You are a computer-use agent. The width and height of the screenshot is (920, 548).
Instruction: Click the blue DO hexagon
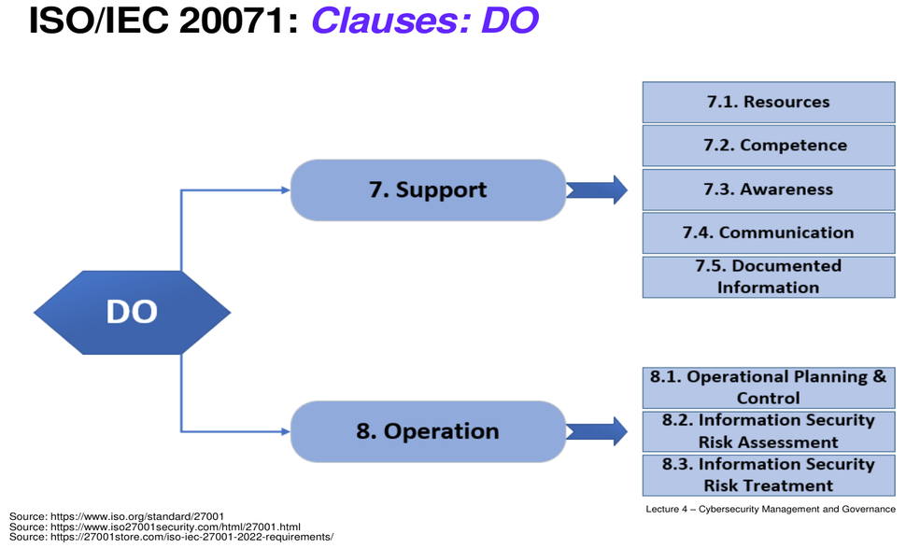(x=132, y=313)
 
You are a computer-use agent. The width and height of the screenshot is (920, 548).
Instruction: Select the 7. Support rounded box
(x=429, y=190)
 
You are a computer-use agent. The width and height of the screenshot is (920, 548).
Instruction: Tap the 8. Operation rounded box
(x=429, y=432)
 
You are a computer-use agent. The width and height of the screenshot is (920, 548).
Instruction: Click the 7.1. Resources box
(x=769, y=102)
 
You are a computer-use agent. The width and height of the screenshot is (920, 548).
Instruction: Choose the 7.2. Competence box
(x=769, y=146)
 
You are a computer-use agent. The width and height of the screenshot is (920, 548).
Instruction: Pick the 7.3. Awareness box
(x=769, y=190)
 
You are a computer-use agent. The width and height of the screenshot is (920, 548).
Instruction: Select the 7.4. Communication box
(x=769, y=233)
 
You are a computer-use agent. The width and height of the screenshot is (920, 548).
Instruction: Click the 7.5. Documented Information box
(x=769, y=277)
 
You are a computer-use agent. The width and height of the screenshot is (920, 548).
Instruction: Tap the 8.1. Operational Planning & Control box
(x=769, y=387)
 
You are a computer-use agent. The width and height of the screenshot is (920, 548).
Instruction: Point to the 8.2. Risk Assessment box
(x=769, y=431)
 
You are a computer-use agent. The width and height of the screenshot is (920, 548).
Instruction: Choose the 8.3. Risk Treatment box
(x=769, y=475)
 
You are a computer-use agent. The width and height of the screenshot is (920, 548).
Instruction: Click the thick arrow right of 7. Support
(x=597, y=190)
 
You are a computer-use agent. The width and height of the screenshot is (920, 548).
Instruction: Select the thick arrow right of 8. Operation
(x=597, y=431)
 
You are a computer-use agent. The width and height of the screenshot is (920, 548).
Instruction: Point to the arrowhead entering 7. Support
(x=287, y=190)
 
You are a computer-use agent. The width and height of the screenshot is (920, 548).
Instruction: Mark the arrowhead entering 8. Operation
(x=287, y=432)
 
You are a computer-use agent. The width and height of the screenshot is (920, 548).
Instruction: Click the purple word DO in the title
(x=509, y=21)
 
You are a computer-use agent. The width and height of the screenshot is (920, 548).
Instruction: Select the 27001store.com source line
(x=171, y=537)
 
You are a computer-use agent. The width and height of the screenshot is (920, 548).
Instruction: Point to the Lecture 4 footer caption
(x=771, y=510)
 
